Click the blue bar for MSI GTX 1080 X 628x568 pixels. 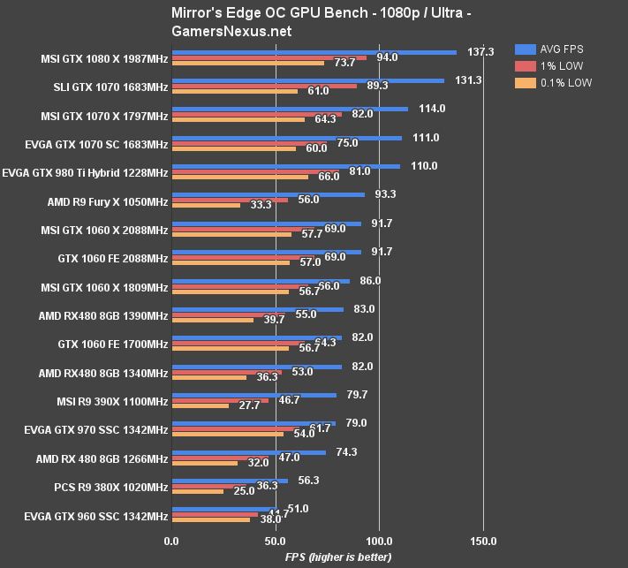click(314, 52)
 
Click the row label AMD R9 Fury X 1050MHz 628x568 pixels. click(108, 202)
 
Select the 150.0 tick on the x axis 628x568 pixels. click(483, 541)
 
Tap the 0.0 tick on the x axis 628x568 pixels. click(172, 541)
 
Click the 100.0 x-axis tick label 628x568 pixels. click(379, 541)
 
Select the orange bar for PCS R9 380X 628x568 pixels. click(198, 491)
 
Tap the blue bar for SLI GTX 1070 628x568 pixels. click(307, 80)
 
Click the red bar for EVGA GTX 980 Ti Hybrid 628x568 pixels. click(255, 171)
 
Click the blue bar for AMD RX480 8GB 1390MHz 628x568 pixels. click(257, 309)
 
